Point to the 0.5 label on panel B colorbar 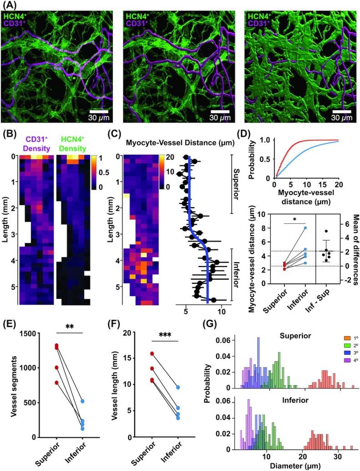coord(108,173)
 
